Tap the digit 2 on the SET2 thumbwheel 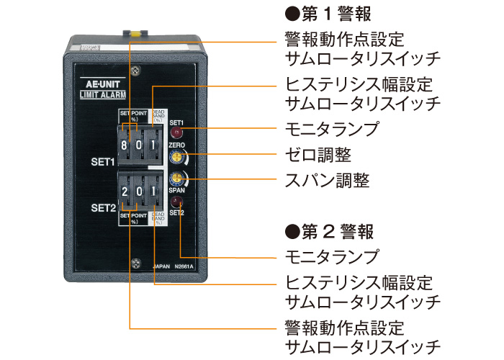point(125,192)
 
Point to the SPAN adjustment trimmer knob point(175,179)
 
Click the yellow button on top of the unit point(133,32)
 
